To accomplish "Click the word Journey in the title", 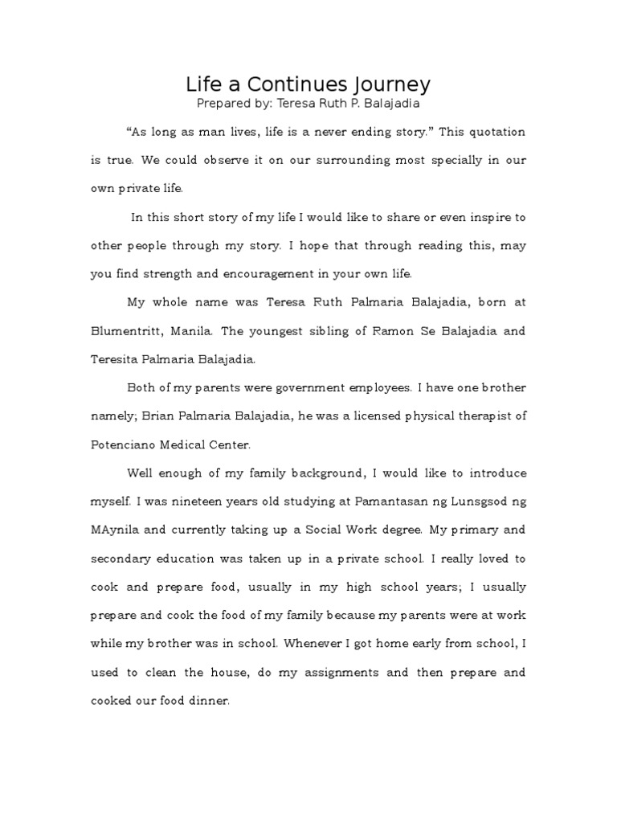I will (x=392, y=84).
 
